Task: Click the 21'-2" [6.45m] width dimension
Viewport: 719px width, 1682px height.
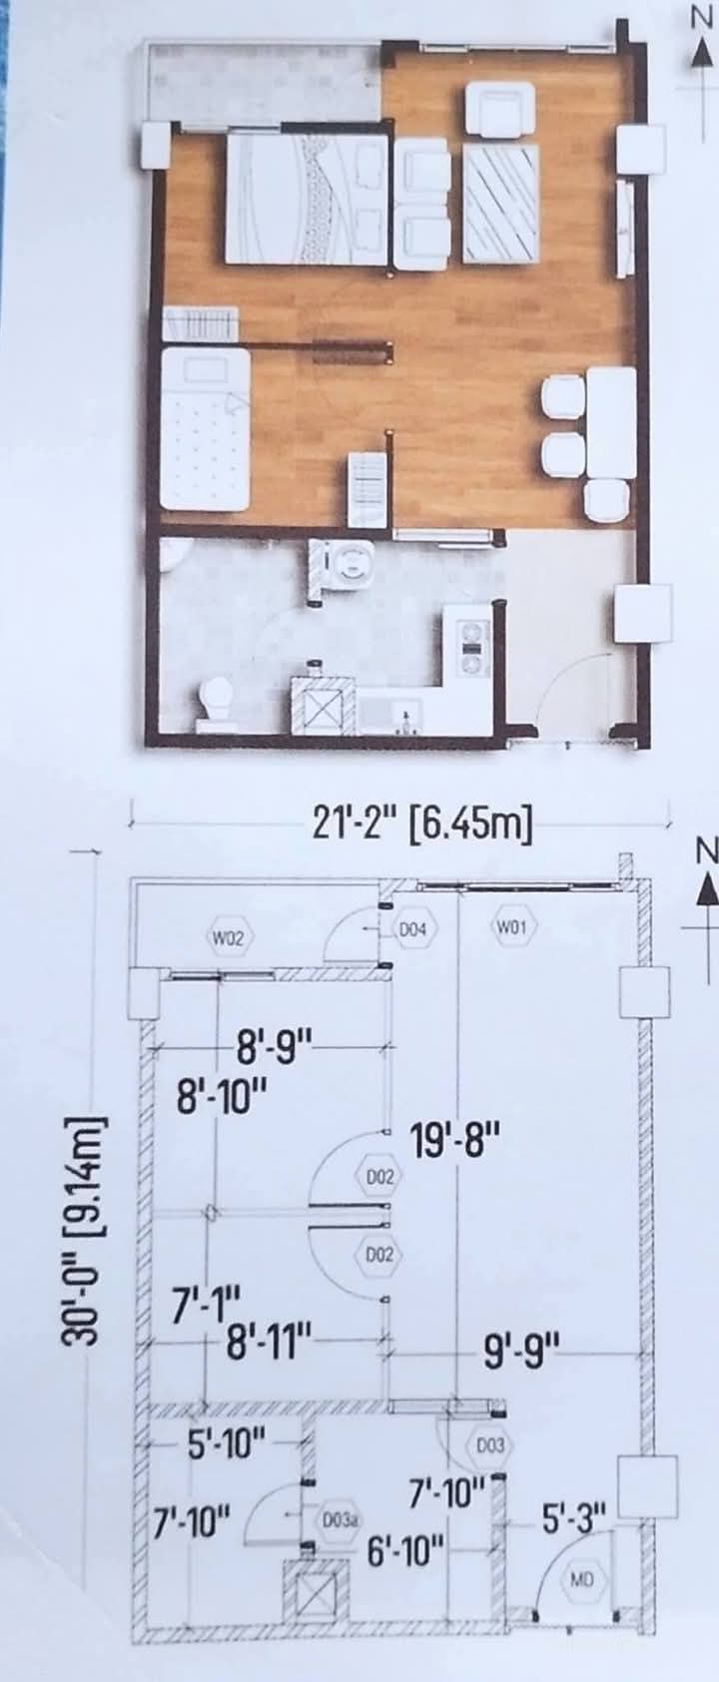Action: pos(421,829)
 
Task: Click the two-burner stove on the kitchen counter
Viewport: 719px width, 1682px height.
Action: pos(473,647)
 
